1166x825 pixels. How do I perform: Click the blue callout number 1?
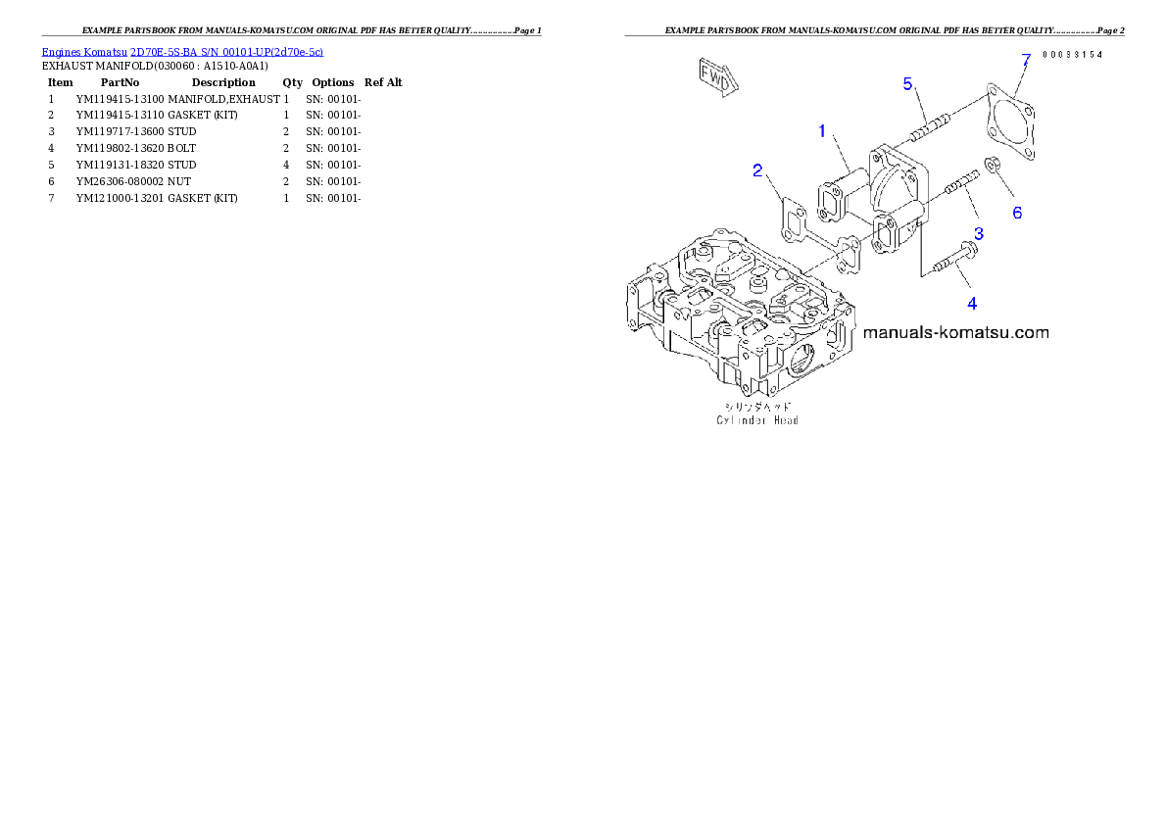[x=823, y=130]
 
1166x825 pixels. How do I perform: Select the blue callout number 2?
[x=757, y=170]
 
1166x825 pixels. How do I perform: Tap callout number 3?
[x=978, y=233]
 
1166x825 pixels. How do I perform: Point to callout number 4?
[x=971, y=303]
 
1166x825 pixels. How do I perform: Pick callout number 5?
[x=908, y=84]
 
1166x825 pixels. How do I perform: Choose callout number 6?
[x=1017, y=213]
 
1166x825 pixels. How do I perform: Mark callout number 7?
[x=1026, y=60]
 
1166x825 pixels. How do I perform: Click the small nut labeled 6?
[x=993, y=168]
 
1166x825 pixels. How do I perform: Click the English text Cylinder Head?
[x=756, y=420]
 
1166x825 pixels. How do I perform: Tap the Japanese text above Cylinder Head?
[x=756, y=406]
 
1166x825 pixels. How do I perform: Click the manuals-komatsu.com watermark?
[x=955, y=333]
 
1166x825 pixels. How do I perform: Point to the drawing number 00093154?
[x=1072, y=55]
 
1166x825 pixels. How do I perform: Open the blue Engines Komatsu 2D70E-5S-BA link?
[x=182, y=52]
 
